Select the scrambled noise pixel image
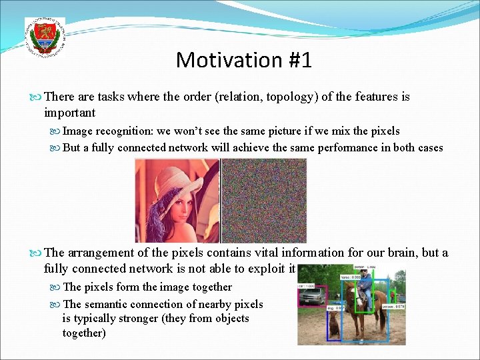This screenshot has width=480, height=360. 263,200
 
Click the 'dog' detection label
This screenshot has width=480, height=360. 332,308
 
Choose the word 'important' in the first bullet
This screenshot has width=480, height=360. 69,113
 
